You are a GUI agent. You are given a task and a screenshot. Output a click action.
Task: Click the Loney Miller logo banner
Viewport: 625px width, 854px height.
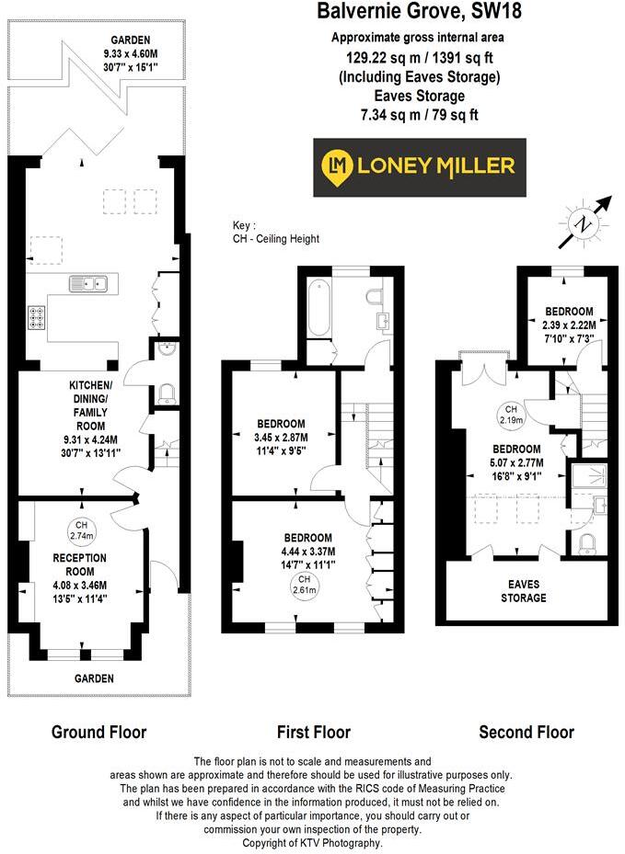[x=420, y=166]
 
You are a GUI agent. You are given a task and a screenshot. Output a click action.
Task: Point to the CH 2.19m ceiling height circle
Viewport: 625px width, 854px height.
[x=510, y=415]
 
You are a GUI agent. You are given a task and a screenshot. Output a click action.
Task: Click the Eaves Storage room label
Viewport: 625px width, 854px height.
[x=523, y=591]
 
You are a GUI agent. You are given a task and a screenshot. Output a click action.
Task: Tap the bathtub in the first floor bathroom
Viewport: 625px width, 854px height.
[x=318, y=309]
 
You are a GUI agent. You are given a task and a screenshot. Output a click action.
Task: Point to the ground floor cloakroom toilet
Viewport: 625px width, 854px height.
[x=167, y=393]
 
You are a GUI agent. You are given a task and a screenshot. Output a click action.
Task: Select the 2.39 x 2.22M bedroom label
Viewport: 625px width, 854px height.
[x=568, y=325]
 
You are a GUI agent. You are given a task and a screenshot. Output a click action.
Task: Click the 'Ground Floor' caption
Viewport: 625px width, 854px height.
[x=98, y=733]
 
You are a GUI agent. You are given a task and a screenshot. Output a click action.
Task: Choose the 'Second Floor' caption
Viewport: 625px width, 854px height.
[x=527, y=733]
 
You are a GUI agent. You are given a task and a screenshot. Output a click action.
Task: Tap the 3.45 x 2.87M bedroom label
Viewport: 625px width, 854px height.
[x=281, y=437]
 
